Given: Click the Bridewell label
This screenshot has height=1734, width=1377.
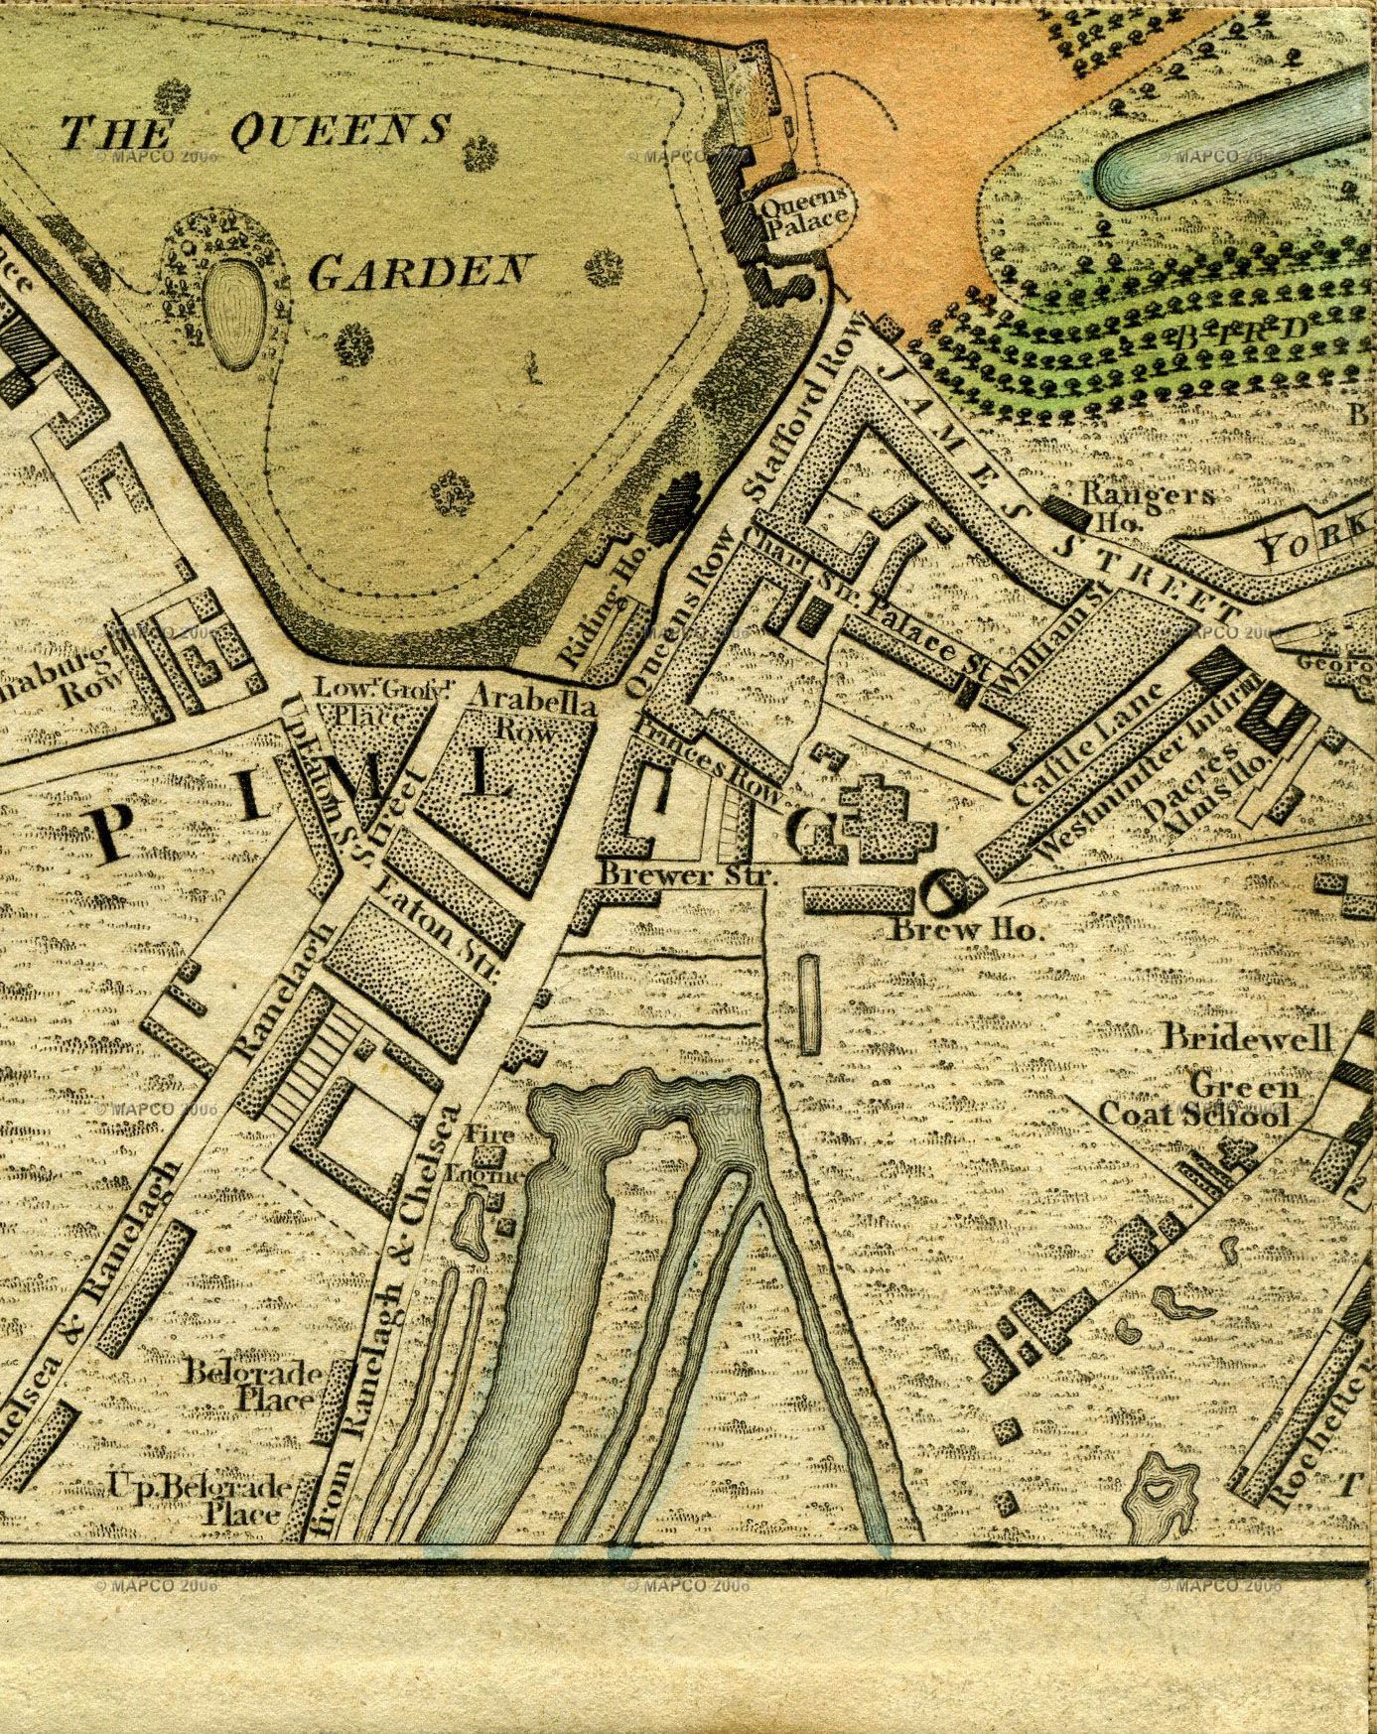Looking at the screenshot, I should point(1248,1037).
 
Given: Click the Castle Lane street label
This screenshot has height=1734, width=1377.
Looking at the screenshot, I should point(1090,741).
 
